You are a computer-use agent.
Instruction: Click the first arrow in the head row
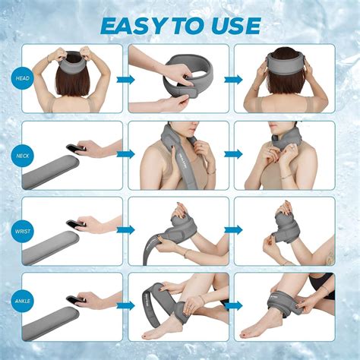[125, 79]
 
